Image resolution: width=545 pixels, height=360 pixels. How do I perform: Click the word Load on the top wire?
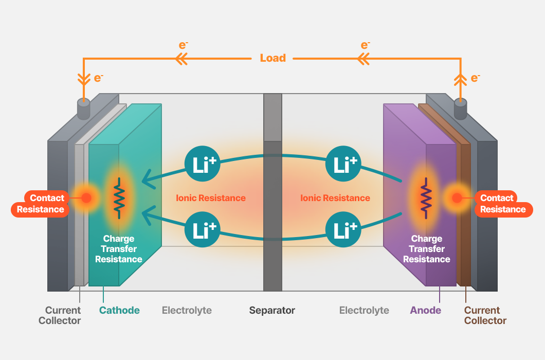(273, 58)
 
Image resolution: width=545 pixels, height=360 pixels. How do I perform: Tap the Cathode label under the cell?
(119, 310)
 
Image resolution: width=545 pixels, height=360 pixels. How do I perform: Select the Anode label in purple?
(425, 310)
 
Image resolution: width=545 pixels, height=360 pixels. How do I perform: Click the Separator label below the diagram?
(272, 310)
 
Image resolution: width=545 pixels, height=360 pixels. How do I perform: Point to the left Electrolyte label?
(187, 310)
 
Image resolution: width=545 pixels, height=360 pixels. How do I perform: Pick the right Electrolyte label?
(364, 310)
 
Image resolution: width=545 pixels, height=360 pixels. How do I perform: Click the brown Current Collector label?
(485, 315)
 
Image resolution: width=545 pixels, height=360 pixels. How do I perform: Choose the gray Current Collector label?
(60, 315)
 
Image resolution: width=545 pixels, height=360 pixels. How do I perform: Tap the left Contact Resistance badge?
(40, 204)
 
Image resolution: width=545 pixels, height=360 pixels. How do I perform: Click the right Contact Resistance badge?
(503, 204)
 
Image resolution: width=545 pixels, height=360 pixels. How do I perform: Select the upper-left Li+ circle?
(202, 164)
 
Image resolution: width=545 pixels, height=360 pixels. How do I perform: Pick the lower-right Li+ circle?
(343, 229)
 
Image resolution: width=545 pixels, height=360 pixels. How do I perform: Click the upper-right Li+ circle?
(343, 164)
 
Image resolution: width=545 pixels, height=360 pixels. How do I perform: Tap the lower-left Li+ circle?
(202, 229)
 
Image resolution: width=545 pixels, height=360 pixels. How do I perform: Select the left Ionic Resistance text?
(211, 198)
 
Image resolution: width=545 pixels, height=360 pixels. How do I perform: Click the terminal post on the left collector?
(83, 109)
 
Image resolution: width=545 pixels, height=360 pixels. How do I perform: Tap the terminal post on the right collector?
(461, 109)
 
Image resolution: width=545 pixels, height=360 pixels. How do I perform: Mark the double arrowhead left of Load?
(181, 59)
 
